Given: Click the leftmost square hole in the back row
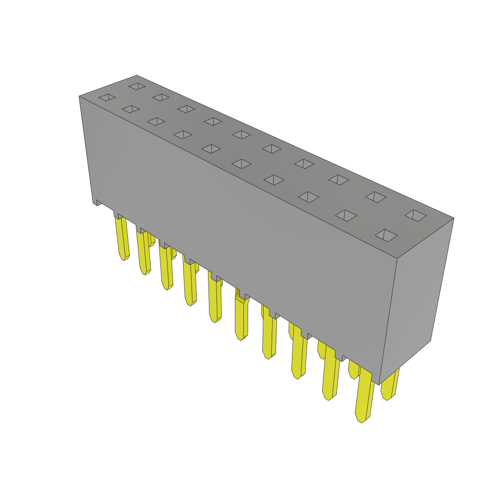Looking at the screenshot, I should (x=137, y=86).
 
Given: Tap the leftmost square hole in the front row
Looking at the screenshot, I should (x=107, y=97).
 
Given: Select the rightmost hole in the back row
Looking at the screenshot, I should (x=416, y=216).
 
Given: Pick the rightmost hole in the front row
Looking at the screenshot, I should (x=386, y=235).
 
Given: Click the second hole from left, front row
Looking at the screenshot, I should (x=131, y=109).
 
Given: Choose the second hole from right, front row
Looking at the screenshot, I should (x=346, y=216).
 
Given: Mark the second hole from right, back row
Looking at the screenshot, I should (x=376, y=197).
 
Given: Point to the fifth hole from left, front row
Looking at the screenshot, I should (x=211, y=149).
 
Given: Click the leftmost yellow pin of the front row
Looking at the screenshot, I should (x=122, y=238).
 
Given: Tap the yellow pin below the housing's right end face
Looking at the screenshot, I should (x=390, y=384).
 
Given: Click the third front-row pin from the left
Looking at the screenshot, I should (x=166, y=266).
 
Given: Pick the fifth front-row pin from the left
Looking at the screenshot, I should (x=215, y=300).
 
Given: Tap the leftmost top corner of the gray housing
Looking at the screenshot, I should (x=79, y=96).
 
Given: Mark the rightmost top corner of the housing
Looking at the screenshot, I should (x=453, y=218).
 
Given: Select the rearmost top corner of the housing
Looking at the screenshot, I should (x=137, y=75).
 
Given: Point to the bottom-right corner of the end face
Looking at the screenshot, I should (x=430, y=341).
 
